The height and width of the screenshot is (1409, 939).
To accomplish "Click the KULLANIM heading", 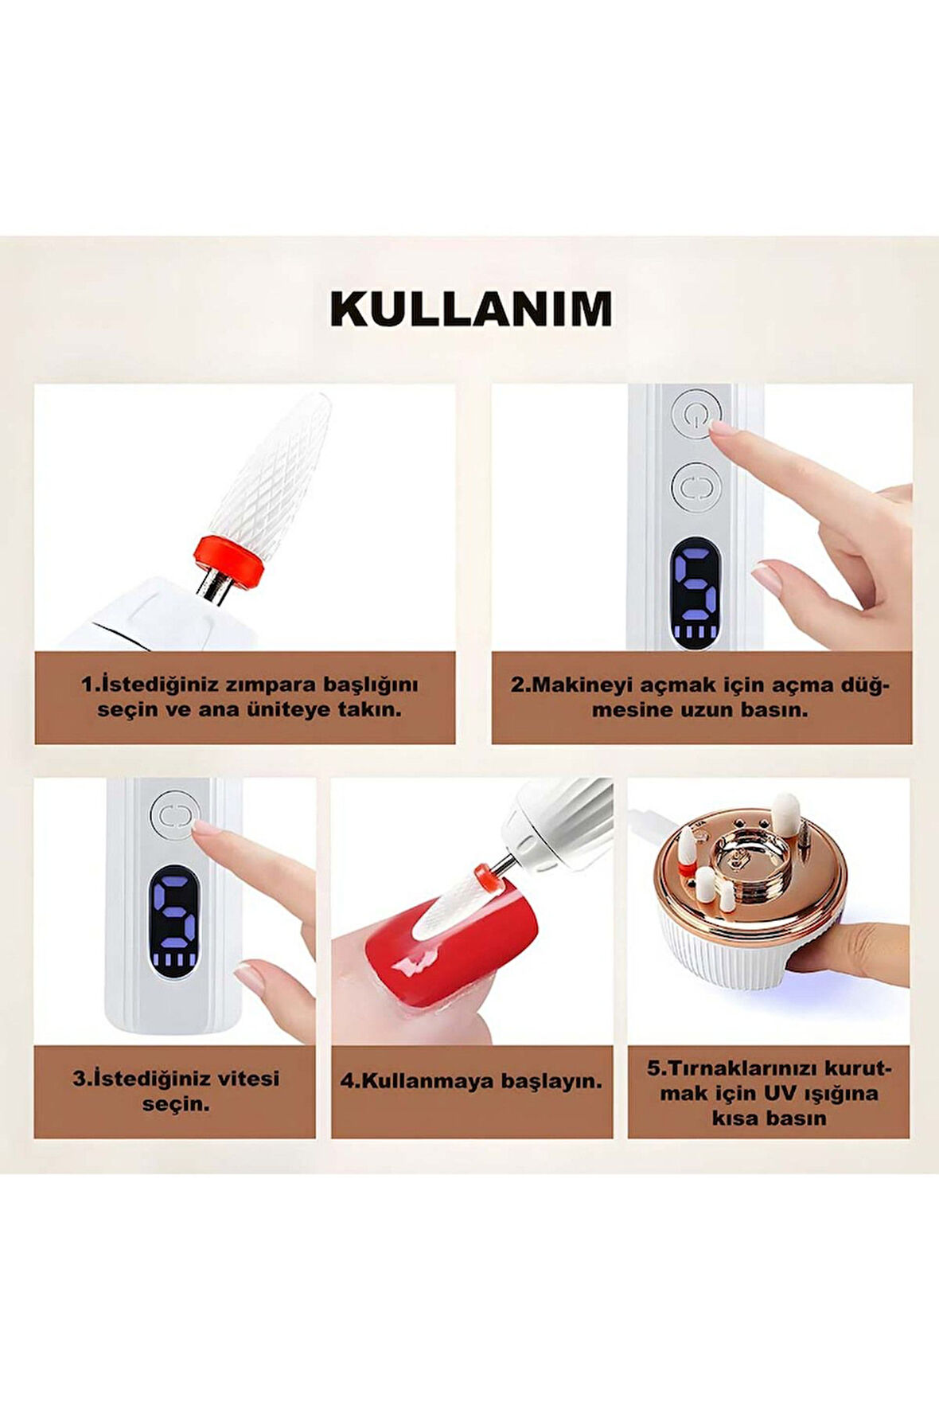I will (471, 310).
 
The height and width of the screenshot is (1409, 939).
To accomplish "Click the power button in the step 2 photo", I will (695, 414).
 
